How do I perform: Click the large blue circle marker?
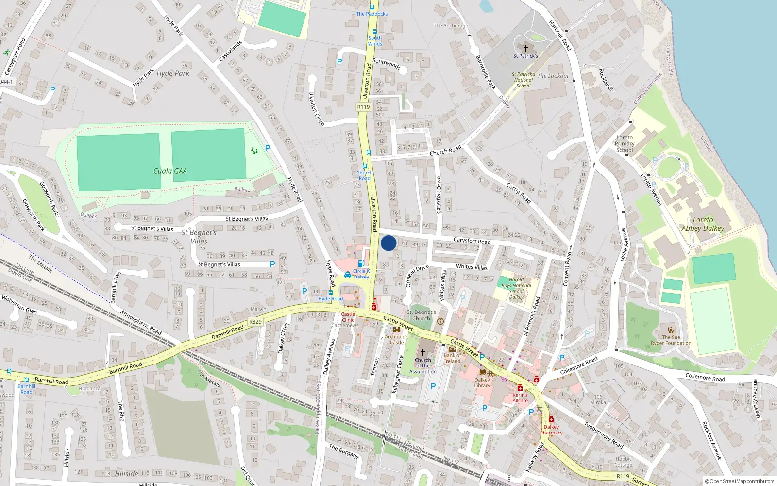click(388, 243)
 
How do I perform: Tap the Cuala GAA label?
click(170, 171)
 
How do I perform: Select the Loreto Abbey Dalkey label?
click(702, 224)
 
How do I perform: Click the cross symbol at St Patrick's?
click(525, 48)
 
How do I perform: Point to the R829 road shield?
click(255, 322)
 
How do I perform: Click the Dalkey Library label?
click(482, 382)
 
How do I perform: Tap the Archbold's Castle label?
click(397, 339)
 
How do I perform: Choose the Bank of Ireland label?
click(452, 358)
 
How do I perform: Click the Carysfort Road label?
click(472, 241)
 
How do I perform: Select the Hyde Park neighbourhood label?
click(173, 73)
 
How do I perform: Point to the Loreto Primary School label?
click(625, 144)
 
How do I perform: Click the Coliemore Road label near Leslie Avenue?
click(579, 366)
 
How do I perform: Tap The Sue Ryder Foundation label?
click(671, 340)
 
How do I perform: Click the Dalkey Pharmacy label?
click(551, 430)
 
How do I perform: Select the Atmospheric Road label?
click(141, 323)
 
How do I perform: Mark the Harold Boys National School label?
click(516, 288)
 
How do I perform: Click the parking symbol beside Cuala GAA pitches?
click(268, 148)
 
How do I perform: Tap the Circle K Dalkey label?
click(361, 274)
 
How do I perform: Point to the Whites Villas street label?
click(472, 267)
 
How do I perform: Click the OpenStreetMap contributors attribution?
click(739, 481)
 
